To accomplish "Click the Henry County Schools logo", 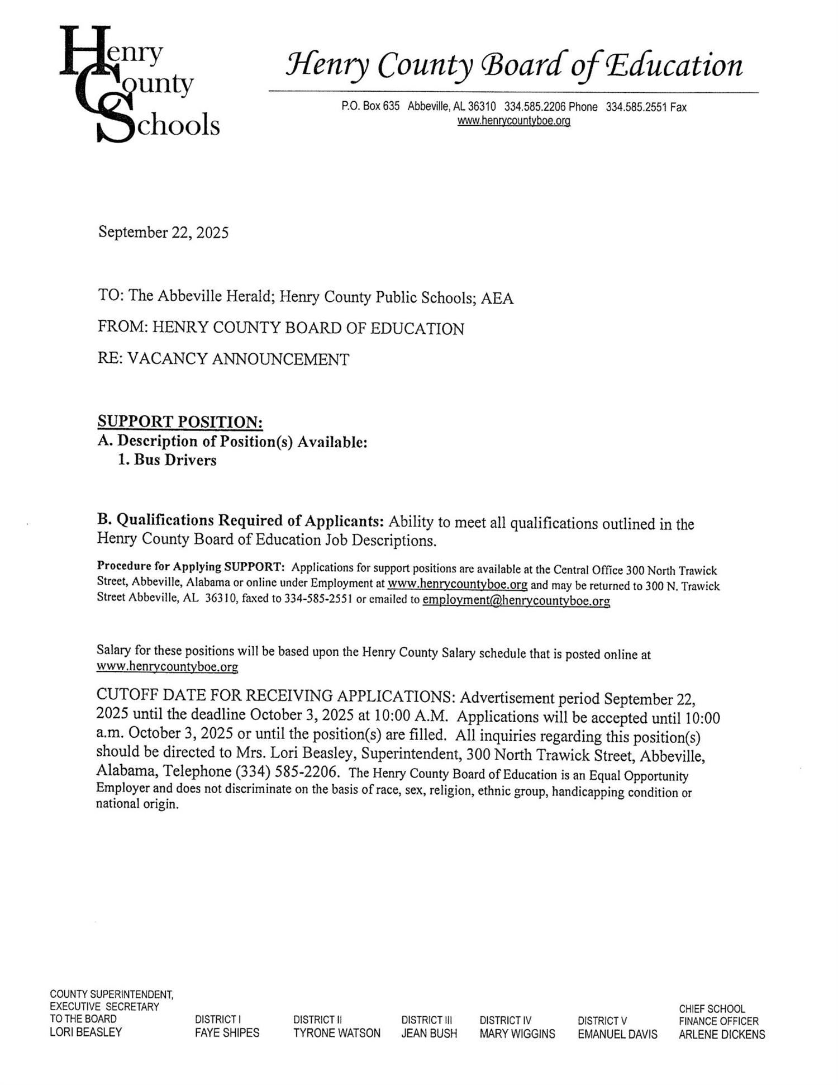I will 140,84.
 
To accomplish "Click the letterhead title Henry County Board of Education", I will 514,66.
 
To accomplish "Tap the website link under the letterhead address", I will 513,121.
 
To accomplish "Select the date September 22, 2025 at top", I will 163,233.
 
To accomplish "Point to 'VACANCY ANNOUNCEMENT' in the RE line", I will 239,359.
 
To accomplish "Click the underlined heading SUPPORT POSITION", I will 180,421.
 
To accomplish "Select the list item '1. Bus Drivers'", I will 167,460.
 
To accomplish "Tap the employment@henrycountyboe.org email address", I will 516,601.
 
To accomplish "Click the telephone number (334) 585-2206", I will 287,772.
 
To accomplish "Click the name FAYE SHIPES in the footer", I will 227,1032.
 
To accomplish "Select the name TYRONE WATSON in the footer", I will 336,1033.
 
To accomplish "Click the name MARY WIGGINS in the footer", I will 517,1034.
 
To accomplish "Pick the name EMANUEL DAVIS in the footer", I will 617,1034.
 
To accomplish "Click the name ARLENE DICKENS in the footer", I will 722,1034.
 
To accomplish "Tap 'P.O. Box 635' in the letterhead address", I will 370,106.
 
